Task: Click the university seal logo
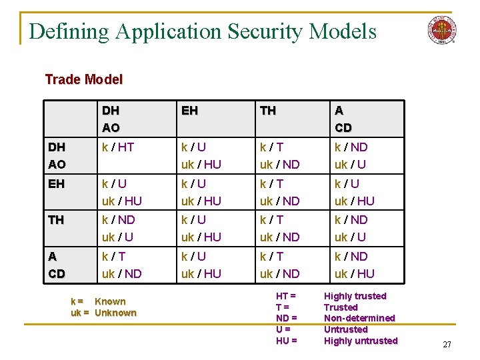[441, 30]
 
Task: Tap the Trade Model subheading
[84, 79]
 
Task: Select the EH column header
[189, 111]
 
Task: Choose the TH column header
[268, 111]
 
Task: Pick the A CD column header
[343, 119]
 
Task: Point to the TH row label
[56, 219]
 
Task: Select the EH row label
[56, 183]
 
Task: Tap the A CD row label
[56, 265]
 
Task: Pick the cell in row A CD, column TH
[279, 265]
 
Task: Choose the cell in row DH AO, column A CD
[351, 155]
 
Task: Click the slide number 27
[447, 344]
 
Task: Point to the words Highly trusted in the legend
[355, 296]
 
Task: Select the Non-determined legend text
[359, 318]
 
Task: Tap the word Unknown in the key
[115, 313]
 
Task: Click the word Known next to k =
[110, 301]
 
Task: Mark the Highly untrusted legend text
[360, 341]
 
